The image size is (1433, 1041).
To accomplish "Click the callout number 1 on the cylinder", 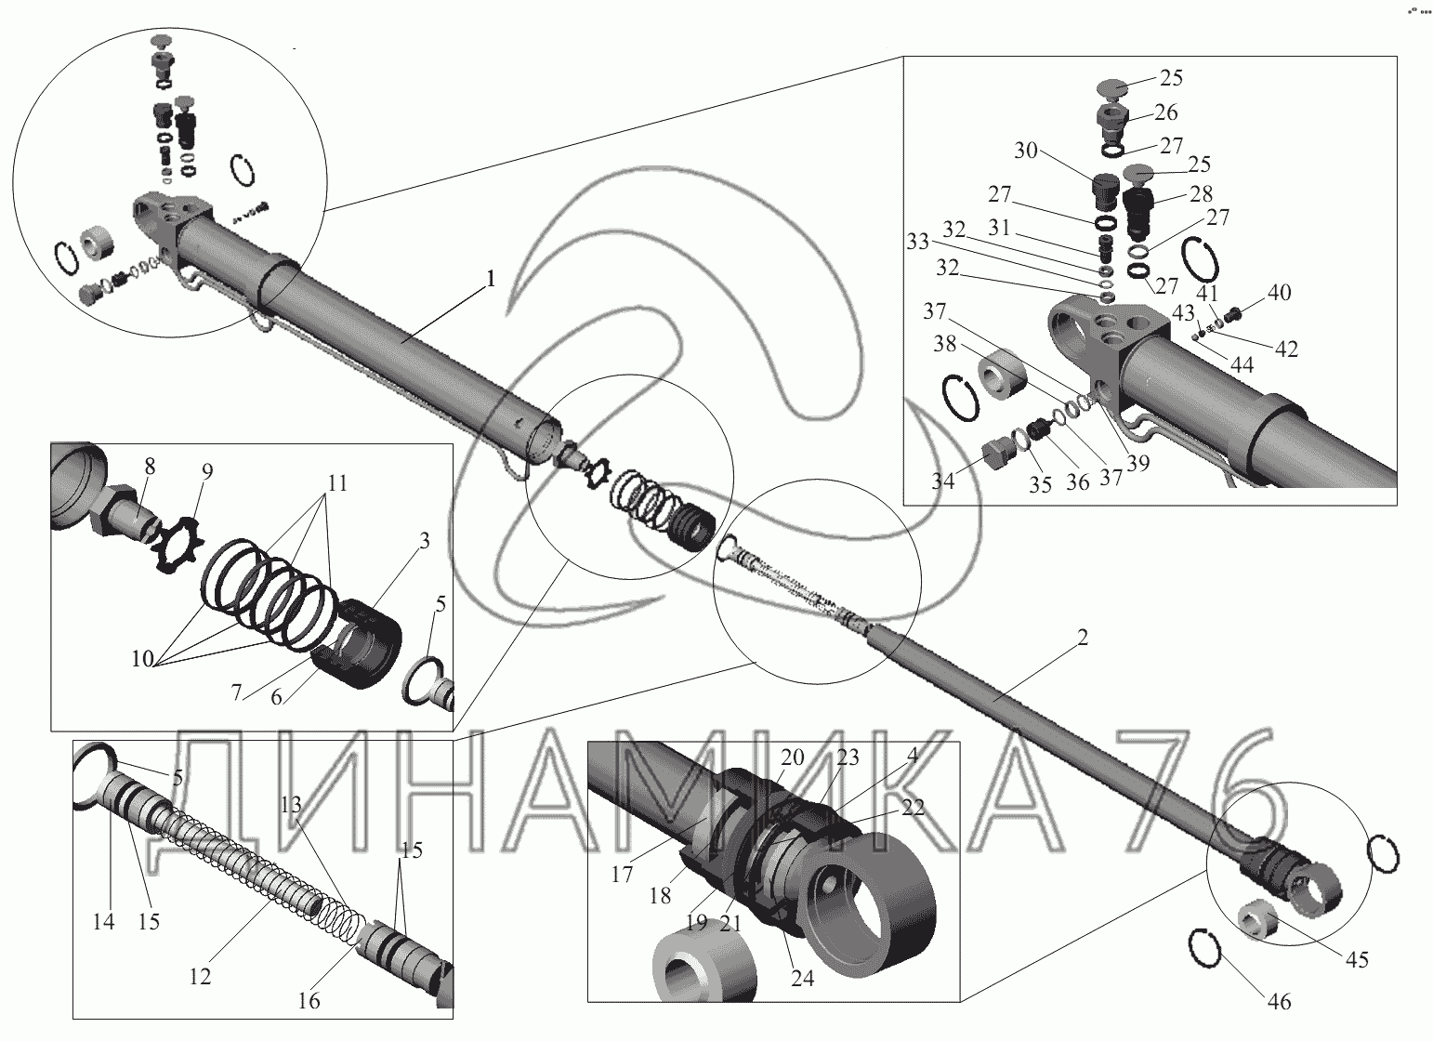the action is click(x=491, y=279).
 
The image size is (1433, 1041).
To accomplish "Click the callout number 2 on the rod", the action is click(x=1082, y=638).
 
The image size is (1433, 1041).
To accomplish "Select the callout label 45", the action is click(x=1356, y=960).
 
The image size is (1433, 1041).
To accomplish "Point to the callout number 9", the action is click(x=207, y=471).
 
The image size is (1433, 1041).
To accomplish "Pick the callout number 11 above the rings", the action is click(x=337, y=483).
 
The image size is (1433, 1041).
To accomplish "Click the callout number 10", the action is click(x=143, y=658).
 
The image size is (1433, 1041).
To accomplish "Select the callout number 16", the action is click(x=309, y=1000).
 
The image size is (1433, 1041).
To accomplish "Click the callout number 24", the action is click(x=802, y=978).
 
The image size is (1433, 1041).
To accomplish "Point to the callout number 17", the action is click(x=622, y=874).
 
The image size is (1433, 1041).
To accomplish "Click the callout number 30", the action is click(x=1025, y=151).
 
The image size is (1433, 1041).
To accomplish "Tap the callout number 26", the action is click(x=1165, y=112).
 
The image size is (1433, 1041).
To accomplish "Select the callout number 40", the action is click(x=1279, y=293).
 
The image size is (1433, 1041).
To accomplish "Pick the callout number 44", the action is click(x=1242, y=364).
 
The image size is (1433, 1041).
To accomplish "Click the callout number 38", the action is click(x=945, y=344).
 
